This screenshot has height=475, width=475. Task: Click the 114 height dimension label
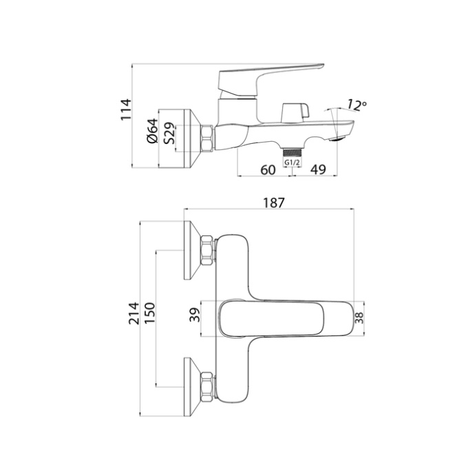[125, 110]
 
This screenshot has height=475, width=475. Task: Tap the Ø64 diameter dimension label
[153, 131]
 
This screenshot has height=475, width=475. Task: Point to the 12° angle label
[356, 105]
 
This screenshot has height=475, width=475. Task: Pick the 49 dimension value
[317, 169]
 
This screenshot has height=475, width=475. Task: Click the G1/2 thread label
[293, 163]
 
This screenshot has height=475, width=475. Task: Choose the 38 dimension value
[359, 317]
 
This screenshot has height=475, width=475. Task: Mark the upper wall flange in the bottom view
[190, 252]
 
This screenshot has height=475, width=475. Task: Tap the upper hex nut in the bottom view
[207, 252]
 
